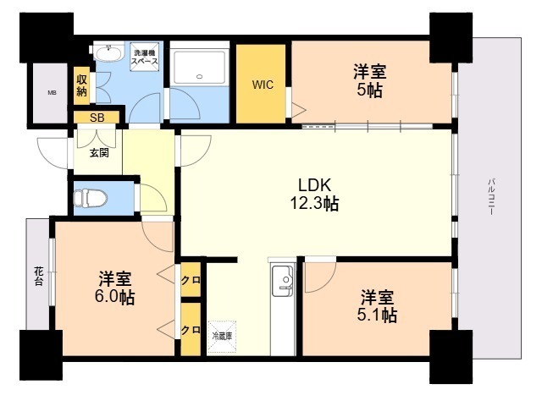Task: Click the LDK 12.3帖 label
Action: [314, 195]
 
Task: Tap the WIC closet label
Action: [263, 85]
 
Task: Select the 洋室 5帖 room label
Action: [369, 81]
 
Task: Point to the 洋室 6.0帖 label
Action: [115, 288]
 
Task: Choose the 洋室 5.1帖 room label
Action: [377, 306]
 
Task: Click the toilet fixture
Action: [91, 199]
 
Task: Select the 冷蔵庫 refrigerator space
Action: [222, 337]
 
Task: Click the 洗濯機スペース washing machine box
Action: [145, 57]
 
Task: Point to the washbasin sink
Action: [109, 53]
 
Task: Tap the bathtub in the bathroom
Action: [200, 68]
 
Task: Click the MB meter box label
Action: [53, 92]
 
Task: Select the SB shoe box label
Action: [97, 118]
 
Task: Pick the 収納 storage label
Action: [81, 85]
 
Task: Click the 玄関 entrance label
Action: [99, 152]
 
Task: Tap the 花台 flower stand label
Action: [39, 276]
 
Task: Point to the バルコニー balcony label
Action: [492, 197]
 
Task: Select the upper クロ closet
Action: [191, 280]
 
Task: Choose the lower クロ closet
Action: [191, 330]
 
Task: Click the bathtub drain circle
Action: [200, 76]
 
